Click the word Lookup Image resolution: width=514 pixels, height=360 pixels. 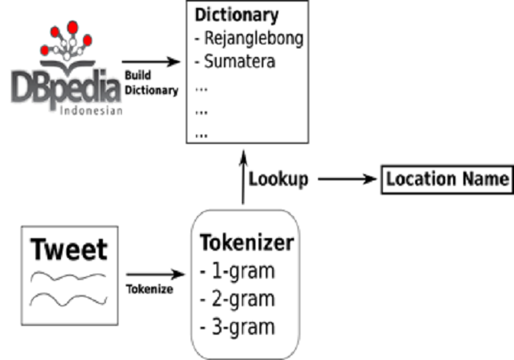(x=278, y=179)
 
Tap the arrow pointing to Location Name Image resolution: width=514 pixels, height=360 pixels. (x=348, y=179)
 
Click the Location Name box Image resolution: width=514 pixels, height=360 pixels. (x=447, y=179)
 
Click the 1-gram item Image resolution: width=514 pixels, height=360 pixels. (x=237, y=271)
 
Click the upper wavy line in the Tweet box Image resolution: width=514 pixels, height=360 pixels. (x=67, y=278)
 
